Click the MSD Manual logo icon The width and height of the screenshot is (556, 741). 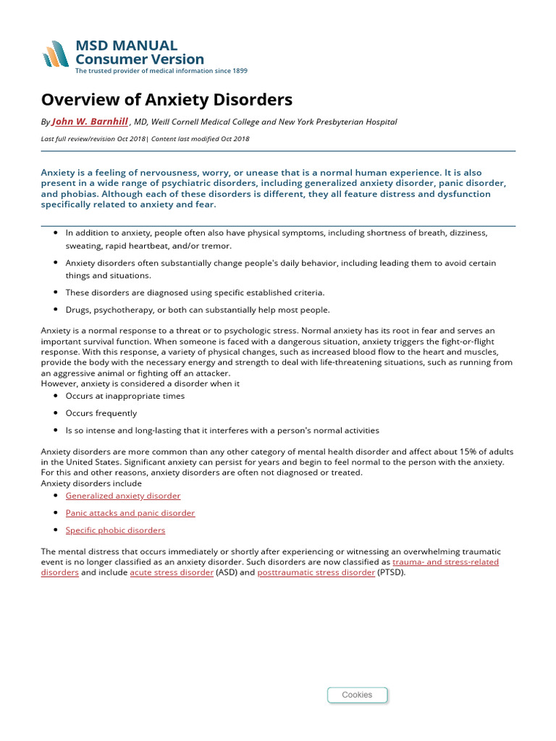pyautogui.click(x=56, y=54)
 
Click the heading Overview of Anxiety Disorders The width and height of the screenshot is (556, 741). pyautogui.click(x=167, y=99)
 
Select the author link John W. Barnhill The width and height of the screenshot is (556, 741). pyautogui.click(x=90, y=122)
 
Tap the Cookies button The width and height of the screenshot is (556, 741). pyautogui.click(x=357, y=695)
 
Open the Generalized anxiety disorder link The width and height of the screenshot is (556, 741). pyautogui.click(x=123, y=496)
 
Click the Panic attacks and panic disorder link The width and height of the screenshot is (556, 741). pyautogui.click(x=130, y=513)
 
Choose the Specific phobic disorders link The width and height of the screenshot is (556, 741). pyautogui.click(x=115, y=530)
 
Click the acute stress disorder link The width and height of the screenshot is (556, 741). pyautogui.click(x=172, y=572)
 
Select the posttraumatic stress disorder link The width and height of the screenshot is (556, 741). pyautogui.click(x=316, y=572)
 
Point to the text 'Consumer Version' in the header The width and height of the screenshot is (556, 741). pyautogui.click(x=140, y=59)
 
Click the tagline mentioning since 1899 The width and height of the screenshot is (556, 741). pyautogui.click(x=161, y=71)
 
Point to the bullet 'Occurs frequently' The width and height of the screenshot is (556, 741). pyautogui.click(x=101, y=413)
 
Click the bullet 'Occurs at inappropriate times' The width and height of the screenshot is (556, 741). pyautogui.click(x=125, y=396)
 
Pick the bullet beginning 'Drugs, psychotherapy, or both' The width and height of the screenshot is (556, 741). pyautogui.click(x=197, y=310)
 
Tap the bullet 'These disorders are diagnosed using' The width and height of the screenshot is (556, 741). pyautogui.click(x=195, y=292)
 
